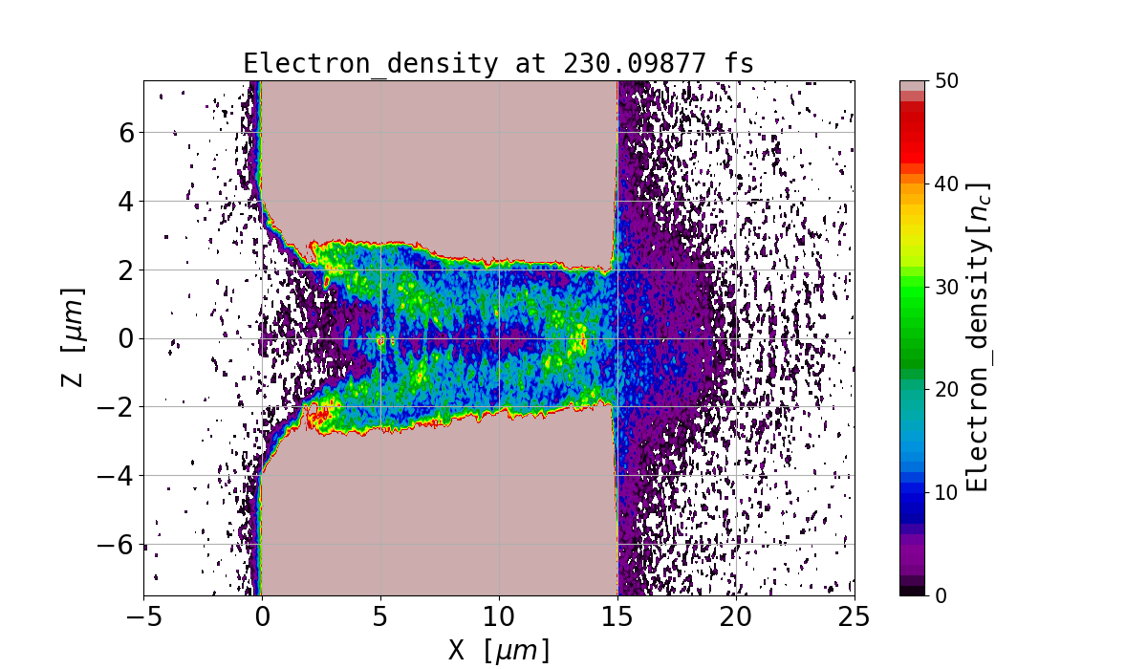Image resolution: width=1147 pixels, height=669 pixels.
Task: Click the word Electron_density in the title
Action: (x=371, y=64)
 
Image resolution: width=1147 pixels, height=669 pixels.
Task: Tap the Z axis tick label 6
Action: (x=126, y=133)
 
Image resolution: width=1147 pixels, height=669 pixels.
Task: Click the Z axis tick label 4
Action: (x=126, y=202)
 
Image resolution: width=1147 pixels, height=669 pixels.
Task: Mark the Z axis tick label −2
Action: (x=118, y=408)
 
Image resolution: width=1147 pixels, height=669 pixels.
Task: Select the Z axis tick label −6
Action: (x=118, y=546)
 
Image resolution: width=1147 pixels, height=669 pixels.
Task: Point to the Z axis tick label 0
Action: (x=126, y=339)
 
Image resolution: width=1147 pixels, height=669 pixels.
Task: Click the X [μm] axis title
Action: (x=499, y=650)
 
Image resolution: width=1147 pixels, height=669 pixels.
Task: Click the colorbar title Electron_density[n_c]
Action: (x=979, y=337)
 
